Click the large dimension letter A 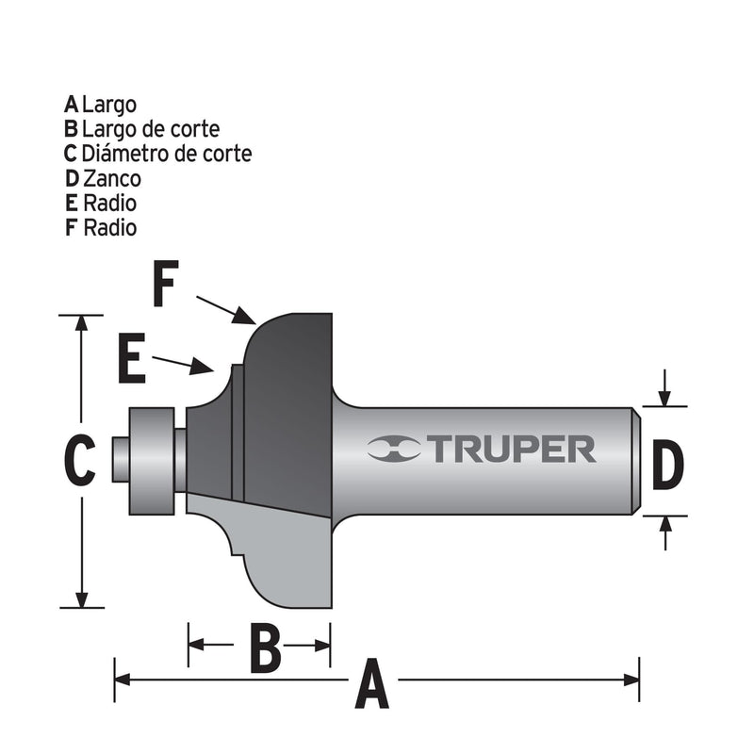[x=371, y=685]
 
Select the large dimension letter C [x=81, y=461]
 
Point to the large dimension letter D [x=666, y=468]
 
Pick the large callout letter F [x=166, y=286]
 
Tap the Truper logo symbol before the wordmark [x=395, y=450]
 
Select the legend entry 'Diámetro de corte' [x=167, y=154]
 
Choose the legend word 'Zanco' [x=111, y=178]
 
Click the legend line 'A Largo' [x=102, y=105]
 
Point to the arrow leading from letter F [x=226, y=310]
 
